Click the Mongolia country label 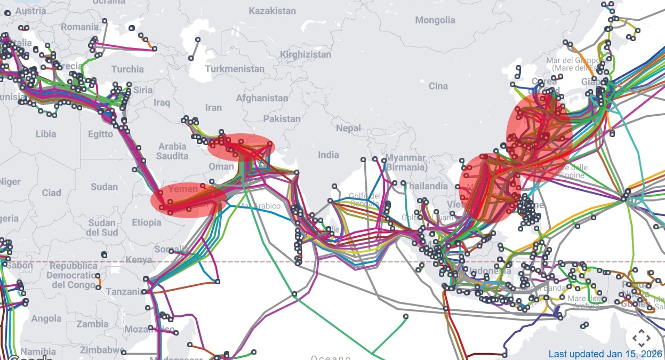click(x=435, y=20)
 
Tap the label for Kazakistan click(x=272, y=11)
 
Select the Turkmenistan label click(x=234, y=69)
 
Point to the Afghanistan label click(x=262, y=98)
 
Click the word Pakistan click(x=282, y=118)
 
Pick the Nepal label click(x=348, y=128)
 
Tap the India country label click(x=329, y=155)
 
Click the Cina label click(x=438, y=86)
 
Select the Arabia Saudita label click(x=172, y=151)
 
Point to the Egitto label click(x=101, y=134)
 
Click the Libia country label click(x=45, y=134)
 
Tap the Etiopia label click(x=146, y=222)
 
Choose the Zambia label click(x=92, y=324)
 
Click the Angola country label click(x=46, y=318)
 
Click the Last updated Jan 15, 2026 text click(x=604, y=354)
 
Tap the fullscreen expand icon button click(x=641, y=338)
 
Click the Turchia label click(x=127, y=69)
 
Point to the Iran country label click(x=213, y=107)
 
